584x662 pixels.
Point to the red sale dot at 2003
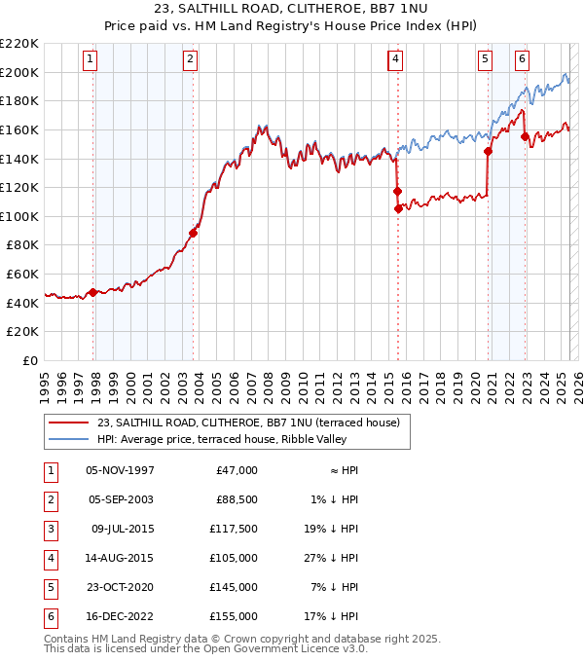pos(193,233)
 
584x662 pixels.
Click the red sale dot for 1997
pos(92,292)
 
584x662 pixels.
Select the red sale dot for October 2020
pos(488,151)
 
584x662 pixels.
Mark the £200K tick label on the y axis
pos(20,72)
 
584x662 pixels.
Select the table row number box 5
pos(51,588)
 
